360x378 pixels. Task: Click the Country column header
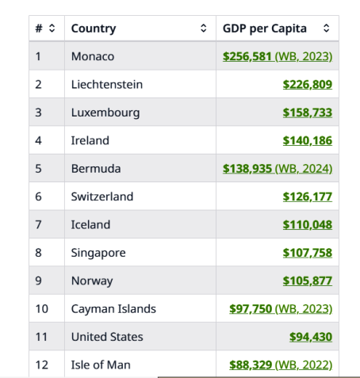pos(94,29)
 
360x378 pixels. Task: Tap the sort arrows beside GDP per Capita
pos(327,29)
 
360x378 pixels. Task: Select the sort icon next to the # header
pos(52,29)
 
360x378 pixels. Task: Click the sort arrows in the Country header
pos(203,29)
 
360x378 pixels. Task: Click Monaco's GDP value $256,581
pos(247,56)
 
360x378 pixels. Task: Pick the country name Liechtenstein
pos(107,85)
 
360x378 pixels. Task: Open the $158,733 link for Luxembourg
pos(308,113)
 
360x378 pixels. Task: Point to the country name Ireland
pos(90,140)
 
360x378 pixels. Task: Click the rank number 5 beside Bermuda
pos(38,169)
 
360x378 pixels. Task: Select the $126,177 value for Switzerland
pos(308,197)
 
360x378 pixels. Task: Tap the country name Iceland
pos(90,225)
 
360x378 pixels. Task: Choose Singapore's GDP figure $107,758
pos(308,253)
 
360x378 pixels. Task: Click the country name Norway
pos(92,281)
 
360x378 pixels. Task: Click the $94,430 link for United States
pos(311,337)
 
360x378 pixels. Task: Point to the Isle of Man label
pos(101,365)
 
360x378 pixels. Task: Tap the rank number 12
pos(42,365)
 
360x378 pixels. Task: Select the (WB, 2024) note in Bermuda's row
pos(304,169)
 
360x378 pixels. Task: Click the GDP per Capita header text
pos(265,29)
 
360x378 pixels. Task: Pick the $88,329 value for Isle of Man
pos(251,365)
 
